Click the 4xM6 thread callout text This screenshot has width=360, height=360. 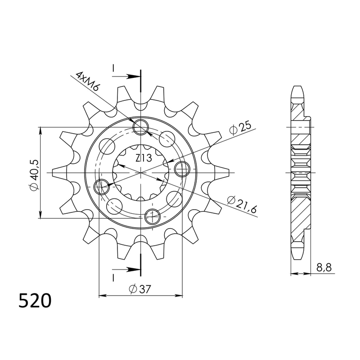87,81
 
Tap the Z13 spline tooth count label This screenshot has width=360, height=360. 143,158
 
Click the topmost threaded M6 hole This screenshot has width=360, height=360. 141,127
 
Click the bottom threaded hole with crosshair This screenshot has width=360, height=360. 153,216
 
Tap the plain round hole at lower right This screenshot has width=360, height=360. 173,198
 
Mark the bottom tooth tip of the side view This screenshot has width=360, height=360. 297,256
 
